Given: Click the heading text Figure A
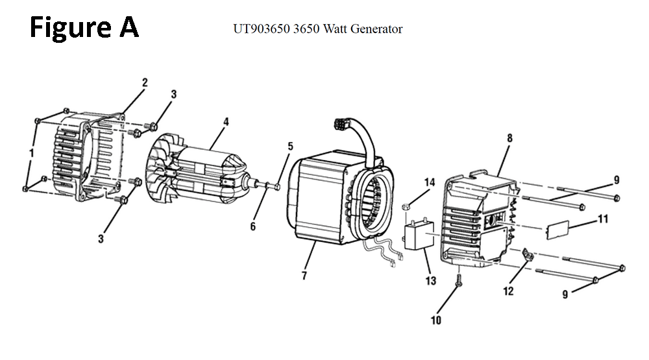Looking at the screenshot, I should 84,28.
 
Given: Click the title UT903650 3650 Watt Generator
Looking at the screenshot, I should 318,29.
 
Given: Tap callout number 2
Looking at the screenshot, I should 145,82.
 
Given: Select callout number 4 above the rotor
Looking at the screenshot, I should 225,121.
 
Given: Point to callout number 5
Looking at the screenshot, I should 290,146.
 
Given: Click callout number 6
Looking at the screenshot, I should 253,226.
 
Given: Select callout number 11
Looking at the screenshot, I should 603,219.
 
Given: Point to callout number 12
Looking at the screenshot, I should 508,291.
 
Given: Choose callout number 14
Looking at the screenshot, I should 429,183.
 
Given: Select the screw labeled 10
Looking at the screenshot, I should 459,281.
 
